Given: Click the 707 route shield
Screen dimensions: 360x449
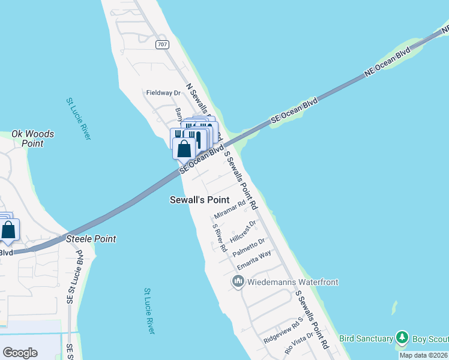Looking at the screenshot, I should tap(161, 44).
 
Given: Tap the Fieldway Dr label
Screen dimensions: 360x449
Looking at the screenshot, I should tap(163, 93).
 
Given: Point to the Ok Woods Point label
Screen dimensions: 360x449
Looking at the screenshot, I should tap(32, 139).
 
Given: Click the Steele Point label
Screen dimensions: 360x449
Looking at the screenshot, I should tap(91, 239).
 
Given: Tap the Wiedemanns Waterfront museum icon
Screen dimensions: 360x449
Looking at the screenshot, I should tap(238, 281).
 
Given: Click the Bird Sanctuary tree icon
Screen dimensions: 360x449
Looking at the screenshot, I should tap(402, 338).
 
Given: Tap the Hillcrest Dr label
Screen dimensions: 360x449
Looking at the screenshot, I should tap(244, 229).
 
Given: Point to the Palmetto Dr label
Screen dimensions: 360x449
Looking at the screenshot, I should tap(249, 247).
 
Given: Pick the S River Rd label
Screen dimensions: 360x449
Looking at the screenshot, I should tap(220, 238).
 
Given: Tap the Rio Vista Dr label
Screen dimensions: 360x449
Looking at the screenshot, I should tap(299, 343).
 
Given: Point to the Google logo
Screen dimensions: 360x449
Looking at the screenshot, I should tap(20, 353).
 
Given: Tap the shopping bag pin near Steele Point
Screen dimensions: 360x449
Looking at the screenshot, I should tap(9, 230).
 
